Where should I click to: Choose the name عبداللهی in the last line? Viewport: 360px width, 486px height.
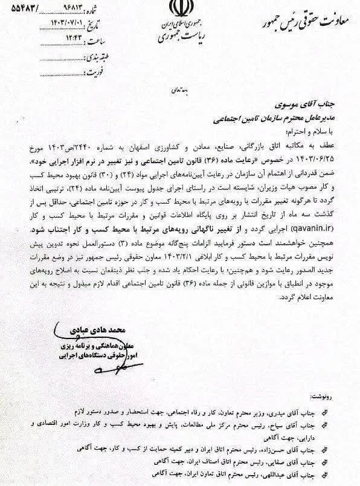click(x=283, y=478)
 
